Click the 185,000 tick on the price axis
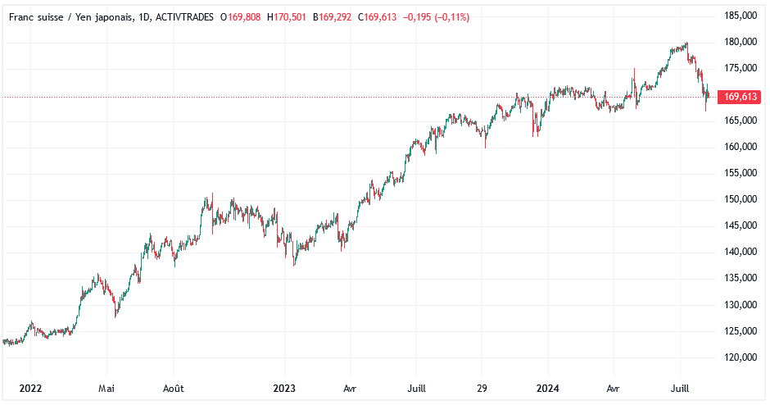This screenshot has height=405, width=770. point(740,16)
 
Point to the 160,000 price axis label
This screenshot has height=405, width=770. point(740,147)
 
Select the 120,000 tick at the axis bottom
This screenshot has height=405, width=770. point(740,357)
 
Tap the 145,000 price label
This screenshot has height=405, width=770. point(740,225)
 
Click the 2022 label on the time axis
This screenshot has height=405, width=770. point(30,388)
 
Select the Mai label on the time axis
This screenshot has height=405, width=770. point(105,388)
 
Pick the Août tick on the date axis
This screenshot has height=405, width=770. point(174,388)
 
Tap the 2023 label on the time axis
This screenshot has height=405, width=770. point(284,388)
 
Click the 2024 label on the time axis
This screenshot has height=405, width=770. point(546,388)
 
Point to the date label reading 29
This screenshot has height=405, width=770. point(482,388)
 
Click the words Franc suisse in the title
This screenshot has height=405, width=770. point(37,17)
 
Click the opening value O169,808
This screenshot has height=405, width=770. point(241,17)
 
